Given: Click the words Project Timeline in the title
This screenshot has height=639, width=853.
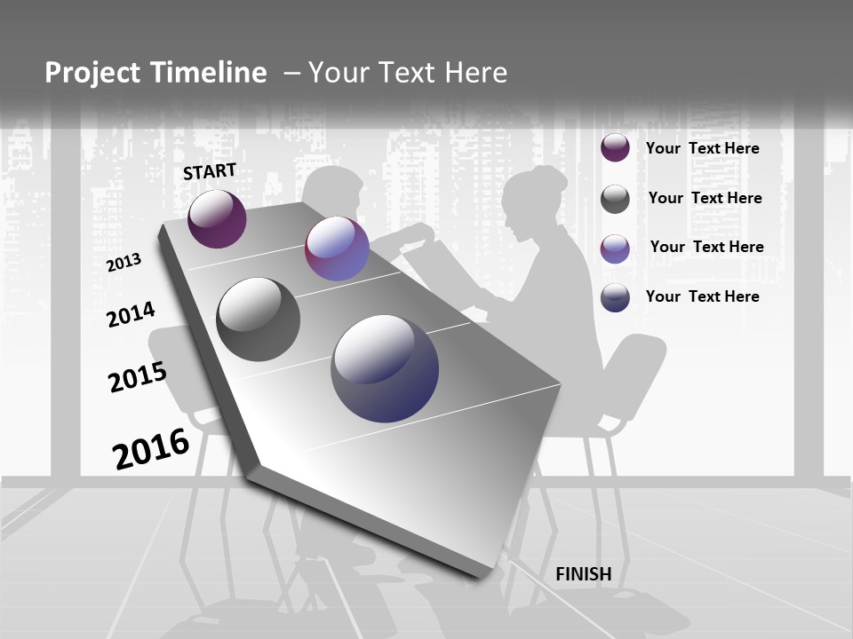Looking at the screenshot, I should point(155,73).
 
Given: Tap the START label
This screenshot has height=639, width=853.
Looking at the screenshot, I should point(210,171).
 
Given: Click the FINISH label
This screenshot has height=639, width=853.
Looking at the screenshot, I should point(584,574).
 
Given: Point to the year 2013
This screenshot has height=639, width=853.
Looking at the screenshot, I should point(124,263).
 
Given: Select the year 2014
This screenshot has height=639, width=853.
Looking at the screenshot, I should point(131,314).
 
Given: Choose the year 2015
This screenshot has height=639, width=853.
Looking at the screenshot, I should point(138,377).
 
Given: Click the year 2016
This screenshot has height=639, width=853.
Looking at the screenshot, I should point(151,449).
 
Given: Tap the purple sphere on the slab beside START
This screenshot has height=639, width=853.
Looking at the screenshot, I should point(217,218).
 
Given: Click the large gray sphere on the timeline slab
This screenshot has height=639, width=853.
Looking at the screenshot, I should point(259,319).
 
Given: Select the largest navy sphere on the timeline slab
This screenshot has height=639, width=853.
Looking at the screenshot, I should point(385,368).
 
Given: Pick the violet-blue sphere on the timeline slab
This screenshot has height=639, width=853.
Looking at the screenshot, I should point(337,249).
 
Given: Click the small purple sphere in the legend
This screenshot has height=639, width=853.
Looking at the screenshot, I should point(615,148).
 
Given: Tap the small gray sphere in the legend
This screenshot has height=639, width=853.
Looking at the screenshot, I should point(615,199).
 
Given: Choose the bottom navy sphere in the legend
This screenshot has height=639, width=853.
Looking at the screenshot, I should point(615,297).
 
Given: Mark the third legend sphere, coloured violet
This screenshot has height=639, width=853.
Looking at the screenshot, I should point(615,248).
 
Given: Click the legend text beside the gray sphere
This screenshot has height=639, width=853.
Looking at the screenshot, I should point(705,198).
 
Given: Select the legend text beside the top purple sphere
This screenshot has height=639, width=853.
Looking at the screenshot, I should point(702,148).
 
